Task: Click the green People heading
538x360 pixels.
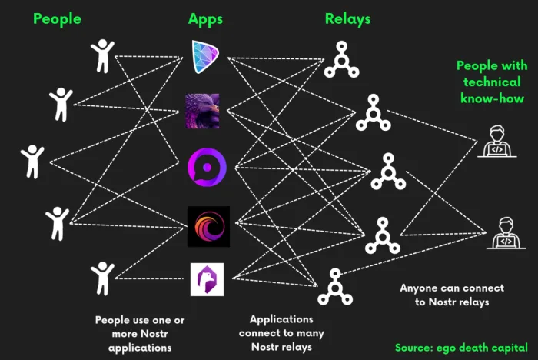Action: [x=58, y=19]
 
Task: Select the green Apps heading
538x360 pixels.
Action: [x=205, y=19]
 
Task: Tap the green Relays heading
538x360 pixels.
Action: [x=347, y=19]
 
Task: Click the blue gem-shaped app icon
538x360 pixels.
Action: [x=205, y=57]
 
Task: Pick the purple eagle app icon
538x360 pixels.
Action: [x=202, y=111]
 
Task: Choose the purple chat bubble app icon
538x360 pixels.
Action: [x=207, y=167]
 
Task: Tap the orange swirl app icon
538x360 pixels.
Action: [x=208, y=226]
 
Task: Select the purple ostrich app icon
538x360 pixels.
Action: [x=207, y=280]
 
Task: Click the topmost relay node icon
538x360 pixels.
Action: [x=342, y=60]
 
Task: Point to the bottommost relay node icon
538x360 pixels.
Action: [x=335, y=287]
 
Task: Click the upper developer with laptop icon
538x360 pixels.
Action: [x=497, y=142]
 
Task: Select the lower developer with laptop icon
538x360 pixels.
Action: [x=506, y=233]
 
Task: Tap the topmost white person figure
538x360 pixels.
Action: [x=102, y=56]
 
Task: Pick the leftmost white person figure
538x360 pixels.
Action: [x=32, y=162]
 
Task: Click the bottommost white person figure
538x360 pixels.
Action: [x=102, y=278]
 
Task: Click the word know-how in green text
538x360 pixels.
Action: [x=493, y=98]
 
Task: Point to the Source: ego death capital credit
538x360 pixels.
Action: [x=461, y=348]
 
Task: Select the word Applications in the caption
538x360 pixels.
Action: [x=281, y=319]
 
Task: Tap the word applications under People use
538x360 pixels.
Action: [x=140, y=348]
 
